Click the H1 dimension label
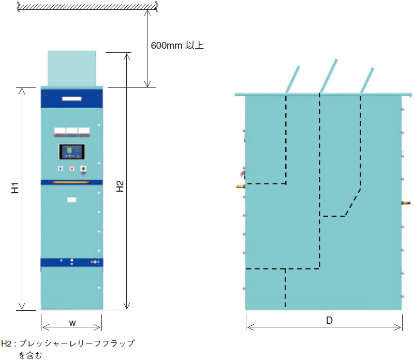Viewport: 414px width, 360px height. coord(15,188)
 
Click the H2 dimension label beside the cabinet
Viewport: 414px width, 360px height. coord(120,186)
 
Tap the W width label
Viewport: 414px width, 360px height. coord(72,323)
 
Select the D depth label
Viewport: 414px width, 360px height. coord(329,320)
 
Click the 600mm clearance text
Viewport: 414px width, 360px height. coord(177,46)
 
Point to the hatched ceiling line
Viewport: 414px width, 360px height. coord(87,7)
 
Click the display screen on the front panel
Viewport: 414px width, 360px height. coord(72,152)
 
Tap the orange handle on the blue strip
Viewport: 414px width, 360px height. coord(71,182)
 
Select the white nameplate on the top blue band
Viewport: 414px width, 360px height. coord(72,98)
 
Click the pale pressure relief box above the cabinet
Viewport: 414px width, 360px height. coord(72,68)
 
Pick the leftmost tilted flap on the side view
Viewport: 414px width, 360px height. coord(293,80)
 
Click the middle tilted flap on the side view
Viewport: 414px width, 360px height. coord(329,76)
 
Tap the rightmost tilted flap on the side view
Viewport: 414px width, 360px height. coord(367,80)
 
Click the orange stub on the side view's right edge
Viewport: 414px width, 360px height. coord(406,203)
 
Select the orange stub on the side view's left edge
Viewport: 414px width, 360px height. coord(241,186)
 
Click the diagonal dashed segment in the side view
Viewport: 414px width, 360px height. coord(353,203)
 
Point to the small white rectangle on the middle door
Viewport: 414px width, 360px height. coord(72,199)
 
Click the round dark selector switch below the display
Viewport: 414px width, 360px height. coord(83,168)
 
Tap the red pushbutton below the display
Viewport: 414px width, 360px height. coord(72,169)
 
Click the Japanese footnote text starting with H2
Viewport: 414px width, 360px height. coord(68,349)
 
